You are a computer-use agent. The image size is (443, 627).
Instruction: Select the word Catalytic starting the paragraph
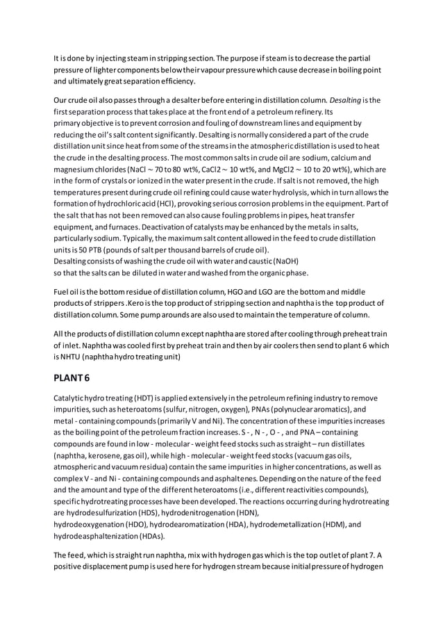click(72, 398)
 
